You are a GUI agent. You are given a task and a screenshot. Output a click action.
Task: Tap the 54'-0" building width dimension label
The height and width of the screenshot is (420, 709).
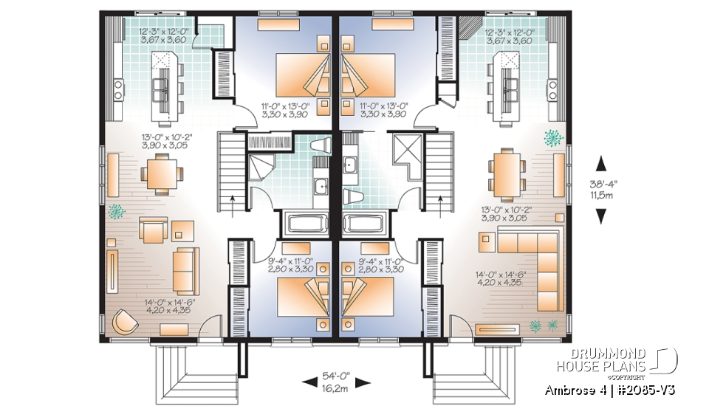click(336, 376)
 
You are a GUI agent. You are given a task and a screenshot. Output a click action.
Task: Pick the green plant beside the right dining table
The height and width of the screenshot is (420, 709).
click(551, 137)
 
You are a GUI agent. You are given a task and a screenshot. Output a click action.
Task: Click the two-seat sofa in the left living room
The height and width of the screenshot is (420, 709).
click(186, 270)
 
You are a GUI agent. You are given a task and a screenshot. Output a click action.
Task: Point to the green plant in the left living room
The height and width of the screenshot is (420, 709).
click(116, 213)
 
